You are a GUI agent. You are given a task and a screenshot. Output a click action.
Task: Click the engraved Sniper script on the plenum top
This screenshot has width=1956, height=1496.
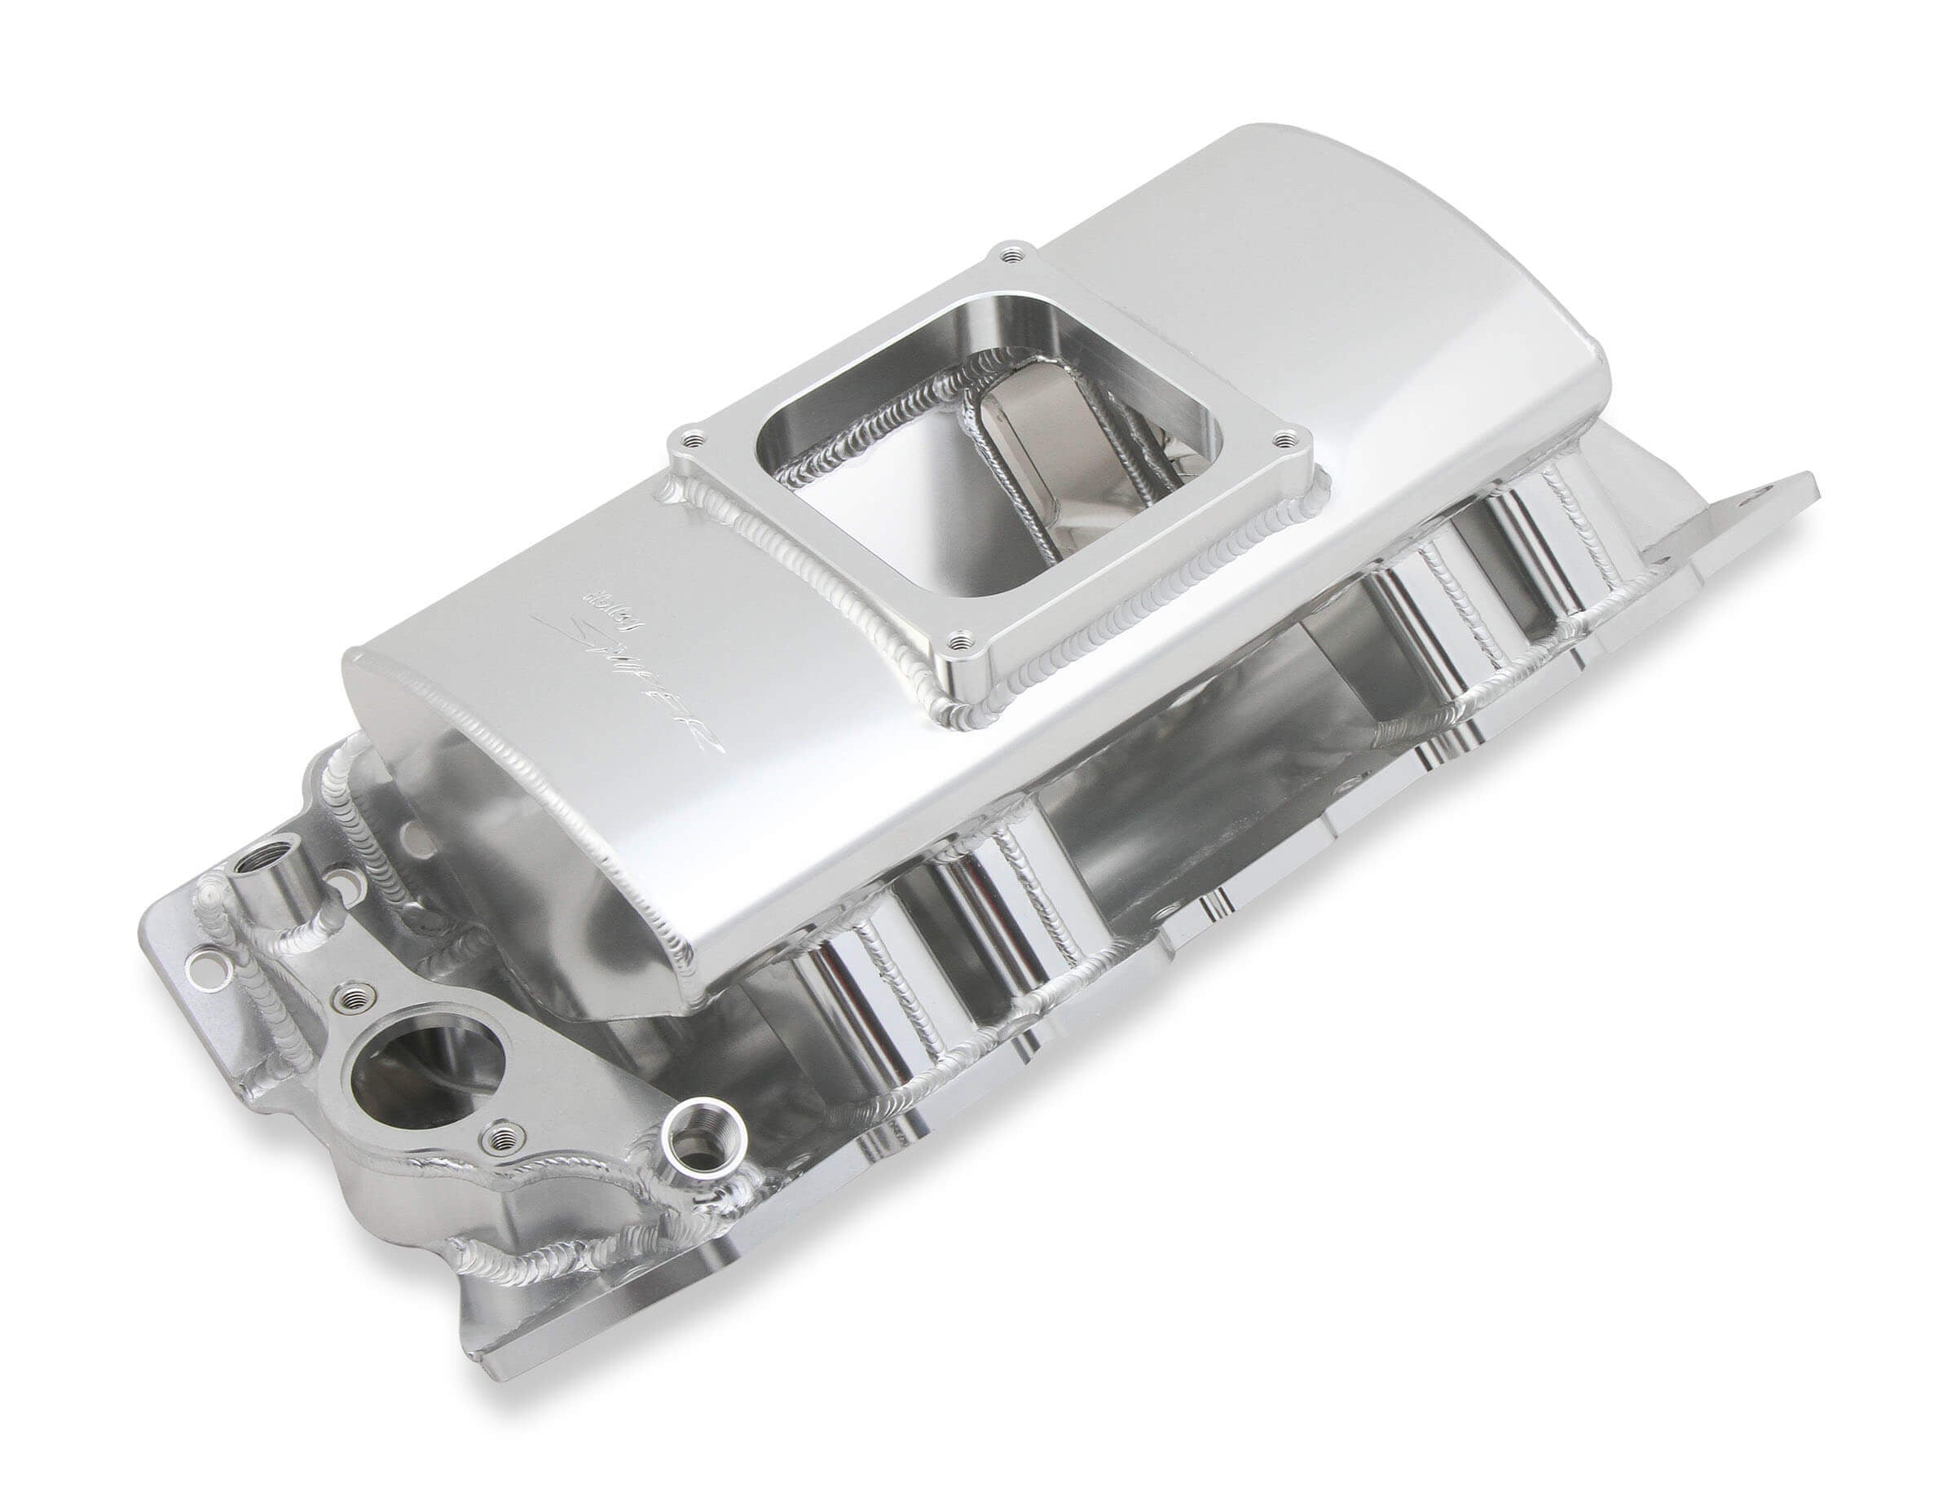click(623, 677)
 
